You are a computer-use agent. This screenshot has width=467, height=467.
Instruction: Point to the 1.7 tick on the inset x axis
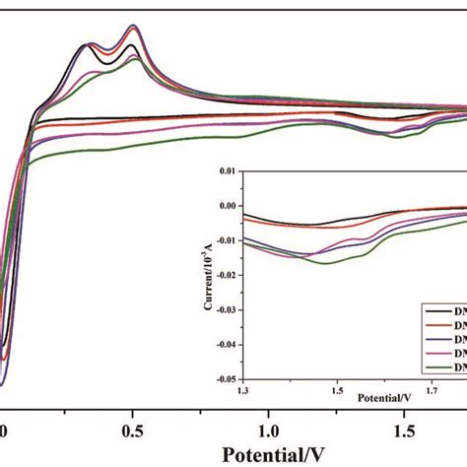(x=432, y=388)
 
